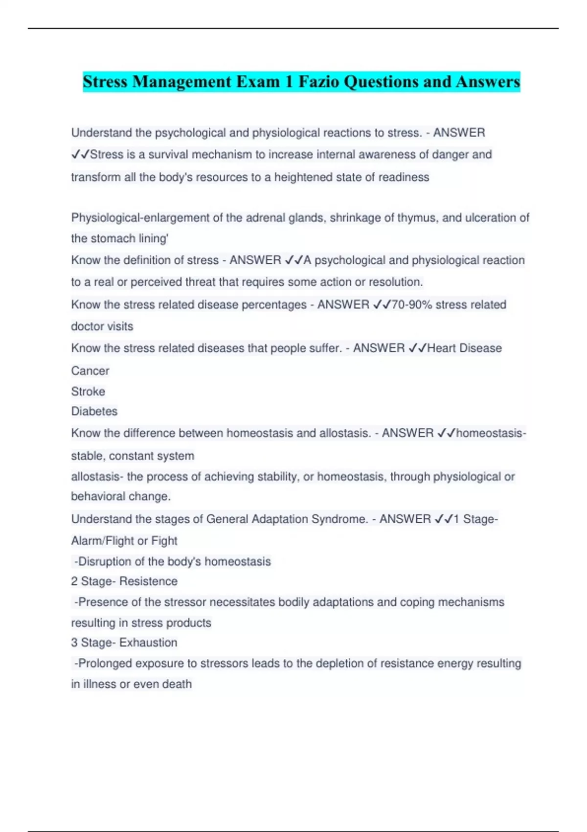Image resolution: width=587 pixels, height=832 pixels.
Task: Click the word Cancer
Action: (90, 370)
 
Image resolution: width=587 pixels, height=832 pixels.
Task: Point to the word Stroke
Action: (88, 391)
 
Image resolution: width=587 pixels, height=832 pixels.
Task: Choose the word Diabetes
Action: (94, 411)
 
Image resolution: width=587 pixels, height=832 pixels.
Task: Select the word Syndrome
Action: (341, 519)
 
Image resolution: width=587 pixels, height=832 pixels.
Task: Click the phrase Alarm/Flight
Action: (102, 541)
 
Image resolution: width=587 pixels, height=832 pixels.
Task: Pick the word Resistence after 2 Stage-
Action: (148, 581)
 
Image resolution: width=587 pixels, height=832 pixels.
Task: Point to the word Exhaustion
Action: (148, 642)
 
